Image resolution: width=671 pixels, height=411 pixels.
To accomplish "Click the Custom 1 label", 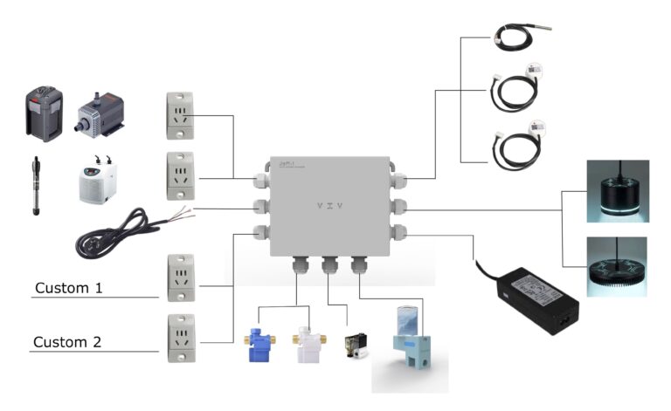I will (69, 286).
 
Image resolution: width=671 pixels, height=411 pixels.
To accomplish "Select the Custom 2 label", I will (69, 342).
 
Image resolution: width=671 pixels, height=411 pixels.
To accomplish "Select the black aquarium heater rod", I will (37, 186).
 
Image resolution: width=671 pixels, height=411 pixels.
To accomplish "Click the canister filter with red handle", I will (43, 113).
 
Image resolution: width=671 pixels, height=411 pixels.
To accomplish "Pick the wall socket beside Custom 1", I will (181, 277).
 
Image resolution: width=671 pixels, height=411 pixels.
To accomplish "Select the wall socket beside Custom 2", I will (181, 338).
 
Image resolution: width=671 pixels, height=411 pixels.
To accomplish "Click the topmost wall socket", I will (181, 115).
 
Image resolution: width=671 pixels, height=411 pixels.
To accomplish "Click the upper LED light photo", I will (617, 191).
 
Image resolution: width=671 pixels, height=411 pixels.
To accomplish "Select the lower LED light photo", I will (617, 266).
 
